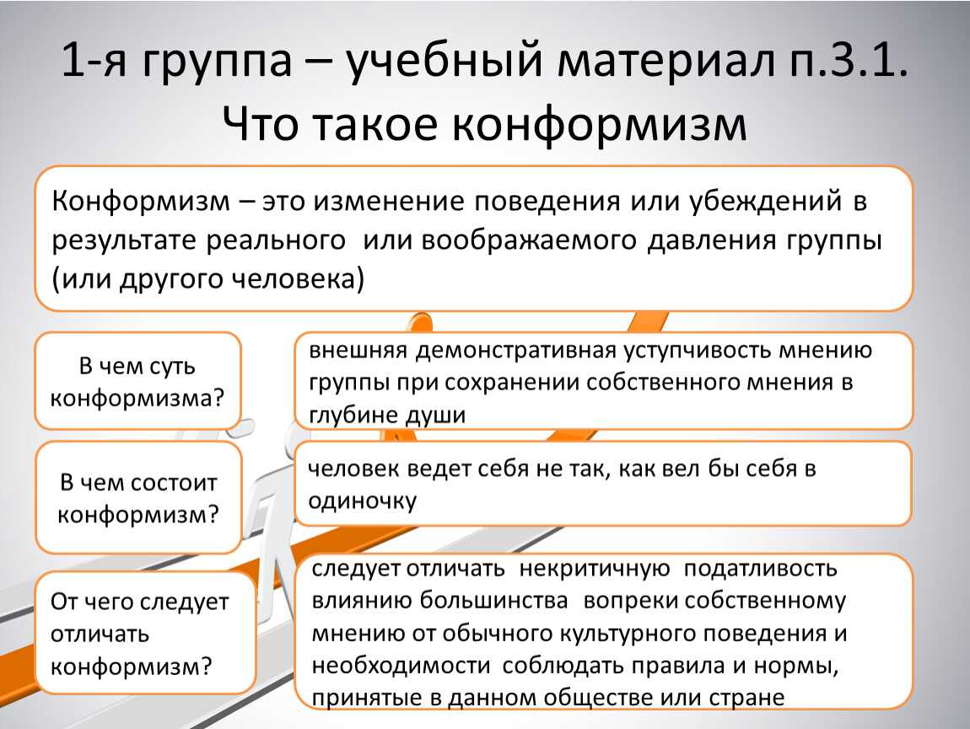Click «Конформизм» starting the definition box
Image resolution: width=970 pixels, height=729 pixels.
coord(140,202)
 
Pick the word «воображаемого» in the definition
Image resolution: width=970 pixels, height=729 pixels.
coord(529,240)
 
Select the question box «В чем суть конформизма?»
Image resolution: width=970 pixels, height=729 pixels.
coord(137,381)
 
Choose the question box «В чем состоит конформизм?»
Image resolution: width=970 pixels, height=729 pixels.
coord(138,498)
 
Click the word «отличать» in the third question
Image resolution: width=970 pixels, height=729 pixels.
coord(100,634)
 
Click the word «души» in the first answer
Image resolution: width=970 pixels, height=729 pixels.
coord(434,414)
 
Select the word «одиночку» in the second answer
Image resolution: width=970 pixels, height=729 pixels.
coord(363,501)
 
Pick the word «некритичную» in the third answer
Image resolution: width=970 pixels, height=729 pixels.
coord(595,569)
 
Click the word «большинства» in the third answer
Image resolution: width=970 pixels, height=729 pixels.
coord(493,600)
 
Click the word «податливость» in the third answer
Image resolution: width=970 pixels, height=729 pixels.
coord(760,569)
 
